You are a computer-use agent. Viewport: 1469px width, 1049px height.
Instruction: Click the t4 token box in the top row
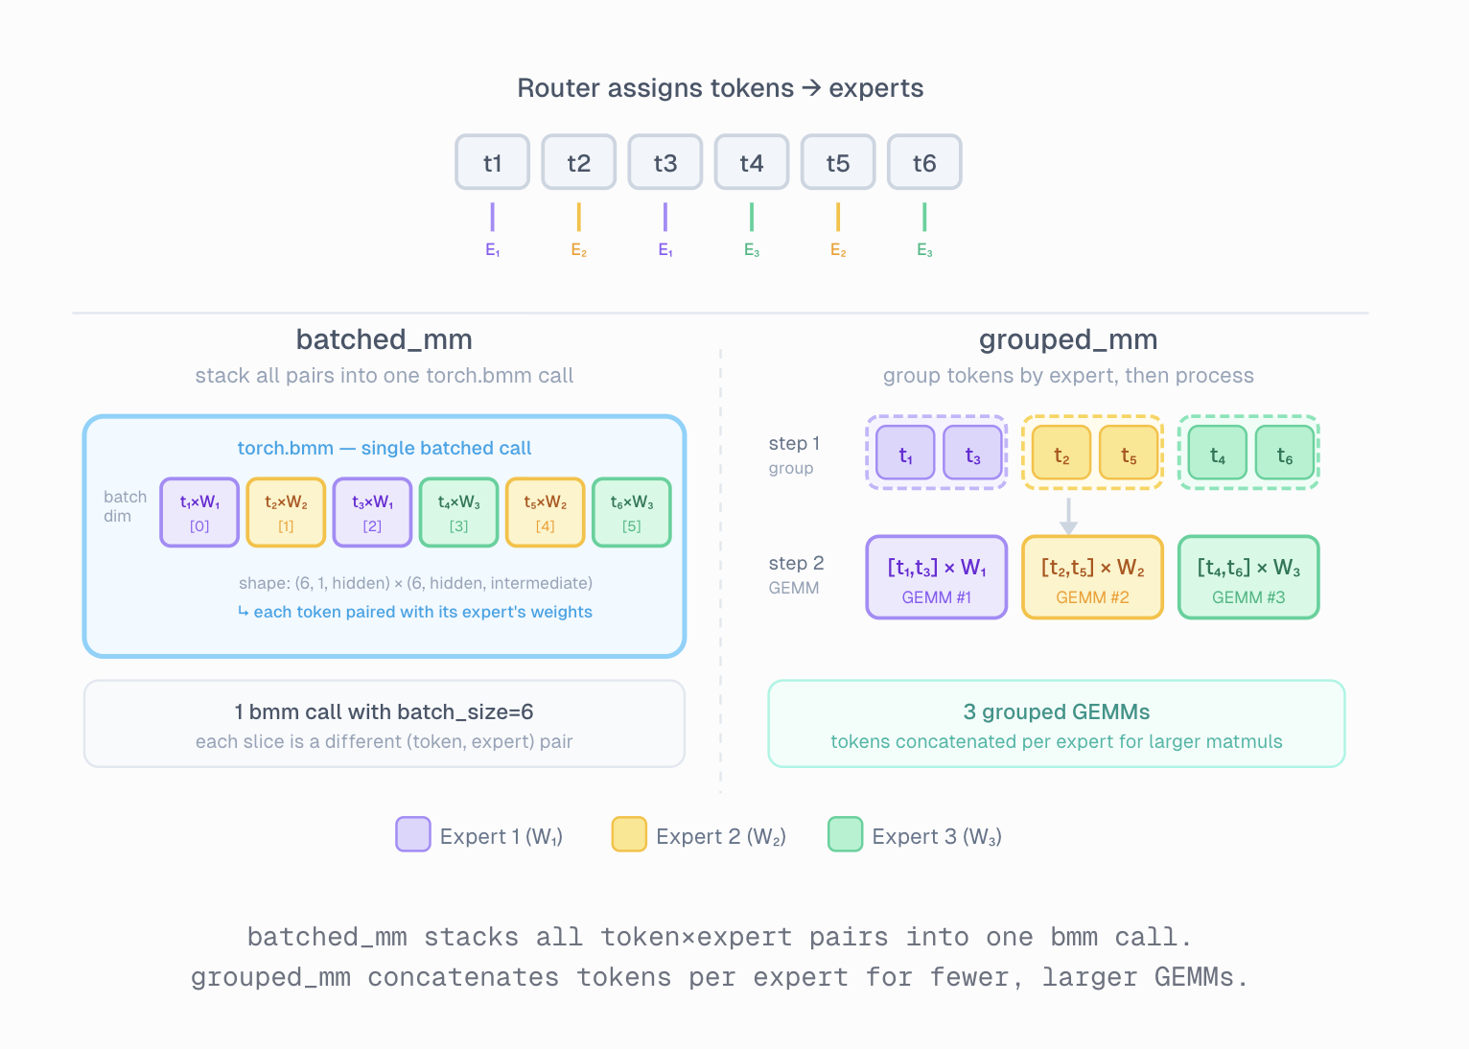pos(752,162)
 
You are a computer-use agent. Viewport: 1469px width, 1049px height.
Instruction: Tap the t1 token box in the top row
pos(493,162)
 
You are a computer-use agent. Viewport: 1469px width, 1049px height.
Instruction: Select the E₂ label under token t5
pos(838,250)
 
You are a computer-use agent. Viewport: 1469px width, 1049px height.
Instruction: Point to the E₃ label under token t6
pos(924,250)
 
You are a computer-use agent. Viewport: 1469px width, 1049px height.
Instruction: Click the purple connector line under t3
pos(665,217)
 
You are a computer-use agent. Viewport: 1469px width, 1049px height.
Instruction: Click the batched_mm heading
pos(384,339)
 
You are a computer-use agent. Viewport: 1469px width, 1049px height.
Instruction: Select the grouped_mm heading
pos(1068,339)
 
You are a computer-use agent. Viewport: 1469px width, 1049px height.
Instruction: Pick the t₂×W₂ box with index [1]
pos(286,512)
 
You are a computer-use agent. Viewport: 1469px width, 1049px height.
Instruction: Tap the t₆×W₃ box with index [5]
pos(632,512)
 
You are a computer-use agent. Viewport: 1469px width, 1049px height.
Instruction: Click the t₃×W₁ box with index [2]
pos(372,512)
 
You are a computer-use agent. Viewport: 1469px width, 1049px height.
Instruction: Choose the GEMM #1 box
pos(937,577)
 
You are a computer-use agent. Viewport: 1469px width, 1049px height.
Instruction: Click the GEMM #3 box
pos(1248,577)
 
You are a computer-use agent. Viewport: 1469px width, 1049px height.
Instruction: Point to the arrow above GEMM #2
pos(1068,516)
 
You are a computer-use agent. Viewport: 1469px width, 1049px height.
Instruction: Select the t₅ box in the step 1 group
pos(1129,453)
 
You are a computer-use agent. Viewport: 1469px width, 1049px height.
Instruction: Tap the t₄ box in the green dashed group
pos(1217,453)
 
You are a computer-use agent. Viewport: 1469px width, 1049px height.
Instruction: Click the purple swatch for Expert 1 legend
pos(413,834)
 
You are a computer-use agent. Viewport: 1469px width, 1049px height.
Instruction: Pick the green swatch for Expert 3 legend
pos(845,834)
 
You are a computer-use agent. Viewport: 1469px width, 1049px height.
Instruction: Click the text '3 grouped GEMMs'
pos(1056,711)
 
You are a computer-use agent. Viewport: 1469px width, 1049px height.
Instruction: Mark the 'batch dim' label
pos(125,506)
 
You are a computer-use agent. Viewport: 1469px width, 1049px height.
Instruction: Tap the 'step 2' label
pos(796,564)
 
